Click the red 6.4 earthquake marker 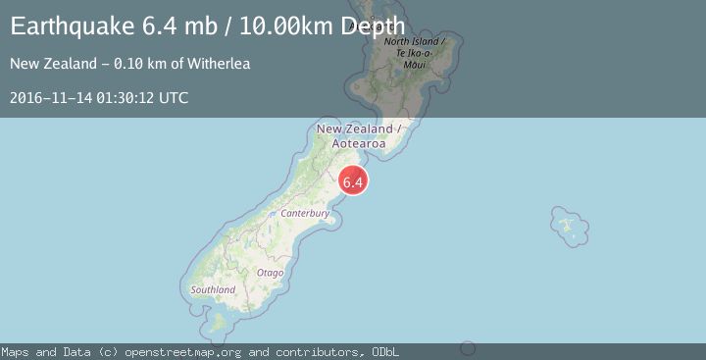click(353, 181)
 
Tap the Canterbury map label click(303, 212)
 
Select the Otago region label click(270, 272)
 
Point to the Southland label click(213, 290)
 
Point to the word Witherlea click(222, 64)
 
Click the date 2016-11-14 click(49, 97)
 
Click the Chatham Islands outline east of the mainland click(569, 227)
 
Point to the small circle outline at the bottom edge click(468, 348)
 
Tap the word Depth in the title click(371, 26)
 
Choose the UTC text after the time click(174, 97)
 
